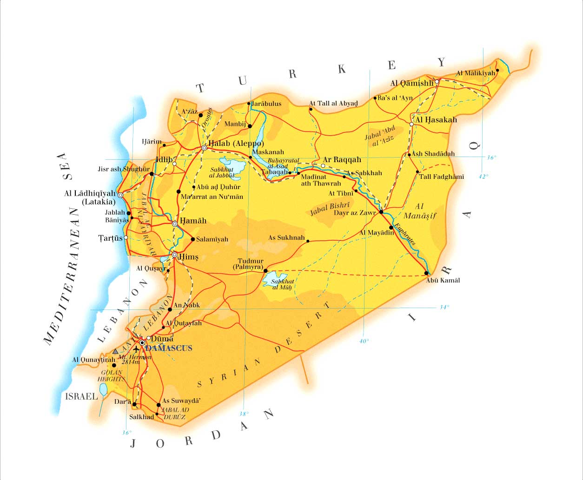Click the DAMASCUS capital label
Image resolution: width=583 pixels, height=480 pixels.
(168, 348)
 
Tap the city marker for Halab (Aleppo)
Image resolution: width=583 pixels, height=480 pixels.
(204, 148)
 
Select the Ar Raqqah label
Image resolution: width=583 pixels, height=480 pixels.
(342, 159)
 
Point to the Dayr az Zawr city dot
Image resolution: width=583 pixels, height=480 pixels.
(381, 212)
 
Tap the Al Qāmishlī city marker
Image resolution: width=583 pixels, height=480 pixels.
(437, 81)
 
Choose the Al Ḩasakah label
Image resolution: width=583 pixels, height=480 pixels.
(436, 119)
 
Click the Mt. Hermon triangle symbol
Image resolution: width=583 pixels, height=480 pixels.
(115, 351)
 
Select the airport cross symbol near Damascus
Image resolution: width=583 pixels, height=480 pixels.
(136, 348)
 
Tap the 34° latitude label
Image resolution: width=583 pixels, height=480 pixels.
(444, 307)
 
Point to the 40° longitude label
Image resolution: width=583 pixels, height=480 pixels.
(364, 341)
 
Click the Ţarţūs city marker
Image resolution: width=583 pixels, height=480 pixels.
(126, 237)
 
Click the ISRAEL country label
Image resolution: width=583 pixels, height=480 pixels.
(81, 396)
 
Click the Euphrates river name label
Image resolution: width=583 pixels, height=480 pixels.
(403, 236)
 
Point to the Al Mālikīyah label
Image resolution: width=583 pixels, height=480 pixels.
(475, 73)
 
